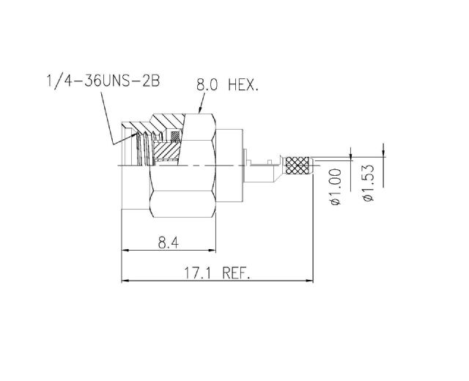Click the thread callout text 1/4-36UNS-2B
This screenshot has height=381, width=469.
(x=103, y=81)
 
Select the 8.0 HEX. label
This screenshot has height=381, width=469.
(x=227, y=85)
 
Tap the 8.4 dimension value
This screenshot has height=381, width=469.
(x=168, y=243)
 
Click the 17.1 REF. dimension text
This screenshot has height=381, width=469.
(x=217, y=273)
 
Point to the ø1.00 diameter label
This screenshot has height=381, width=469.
(x=336, y=187)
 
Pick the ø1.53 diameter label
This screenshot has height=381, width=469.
(x=368, y=182)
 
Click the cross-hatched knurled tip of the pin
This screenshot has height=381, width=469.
(x=298, y=166)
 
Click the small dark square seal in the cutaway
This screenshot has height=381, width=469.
(x=175, y=136)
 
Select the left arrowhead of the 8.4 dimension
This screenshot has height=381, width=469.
(x=125, y=250)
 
